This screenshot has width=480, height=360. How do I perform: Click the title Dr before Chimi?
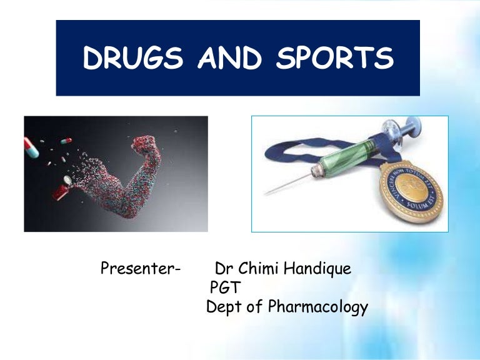[x=224, y=269]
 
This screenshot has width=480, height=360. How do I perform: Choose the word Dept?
[x=225, y=307]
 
